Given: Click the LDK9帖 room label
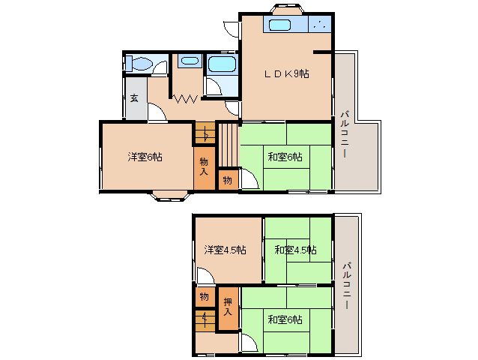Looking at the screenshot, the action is click(286, 73).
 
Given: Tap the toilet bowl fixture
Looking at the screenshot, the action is click(139, 64).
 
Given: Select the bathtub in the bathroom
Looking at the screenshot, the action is click(222, 64).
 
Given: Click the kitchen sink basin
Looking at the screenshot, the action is click(279, 25).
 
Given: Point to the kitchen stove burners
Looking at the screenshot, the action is click(319, 25).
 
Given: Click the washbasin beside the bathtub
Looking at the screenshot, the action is click(190, 61).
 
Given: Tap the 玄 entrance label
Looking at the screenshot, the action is click(134, 98).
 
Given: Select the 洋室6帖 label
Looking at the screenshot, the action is click(145, 157).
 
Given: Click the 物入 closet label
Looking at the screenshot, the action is click(204, 166).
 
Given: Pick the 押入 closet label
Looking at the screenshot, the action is click(228, 307).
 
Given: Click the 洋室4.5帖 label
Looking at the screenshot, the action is click(225, 250).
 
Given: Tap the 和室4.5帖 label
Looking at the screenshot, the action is click(295, 250).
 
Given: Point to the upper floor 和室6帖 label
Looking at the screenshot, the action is click(285, 157).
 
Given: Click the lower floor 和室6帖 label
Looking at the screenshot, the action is click(285, 319).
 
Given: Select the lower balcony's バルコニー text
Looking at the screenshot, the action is click(347, 285).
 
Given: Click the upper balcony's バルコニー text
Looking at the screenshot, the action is click(345, 134).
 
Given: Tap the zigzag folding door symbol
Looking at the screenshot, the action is click(185, 98).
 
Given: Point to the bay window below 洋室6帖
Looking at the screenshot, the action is click(170, 196).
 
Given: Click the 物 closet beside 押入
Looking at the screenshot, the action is click(204, 296).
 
